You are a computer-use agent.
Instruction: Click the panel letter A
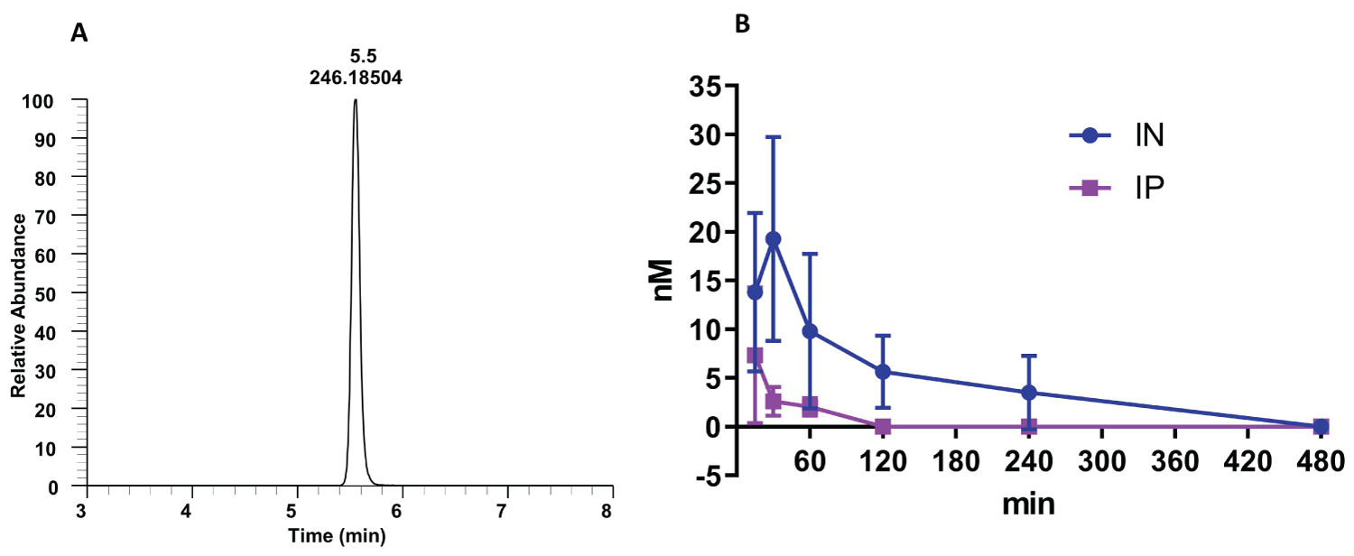click(x=79, y=35)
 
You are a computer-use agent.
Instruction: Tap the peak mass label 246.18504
click(x=356, y=79)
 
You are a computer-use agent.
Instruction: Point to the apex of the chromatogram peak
click(x=356, y=100)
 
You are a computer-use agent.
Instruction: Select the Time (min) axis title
click(x=337, y=535)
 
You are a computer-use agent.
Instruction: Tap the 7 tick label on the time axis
click(x=507, y=510)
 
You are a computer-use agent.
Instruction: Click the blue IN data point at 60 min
click(x=810, y=331)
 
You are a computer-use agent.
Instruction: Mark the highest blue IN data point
click(x=773, y=239)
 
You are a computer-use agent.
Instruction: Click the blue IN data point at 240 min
click(x=1029, y=393)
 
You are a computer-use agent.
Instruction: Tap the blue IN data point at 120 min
click(x=884, y=372)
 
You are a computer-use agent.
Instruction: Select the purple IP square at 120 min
click(x=884, y=426)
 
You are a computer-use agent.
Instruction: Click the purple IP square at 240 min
click(x=1029, y=426)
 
